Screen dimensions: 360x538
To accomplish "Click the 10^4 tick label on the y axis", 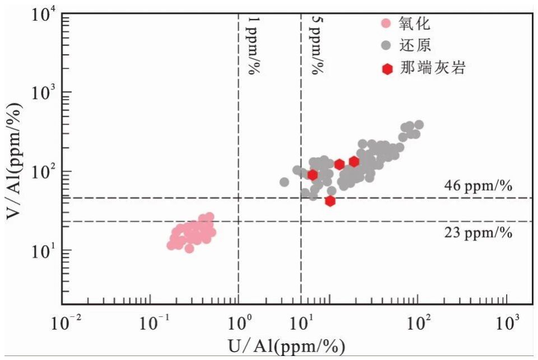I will [x=40, y=15].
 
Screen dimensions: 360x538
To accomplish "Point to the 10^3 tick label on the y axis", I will [x=40, y=93].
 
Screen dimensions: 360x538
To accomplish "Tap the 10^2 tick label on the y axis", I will [x=40, y=172].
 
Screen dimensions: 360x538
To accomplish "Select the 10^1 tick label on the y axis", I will [x=40, y=251].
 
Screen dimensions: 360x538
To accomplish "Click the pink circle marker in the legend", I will [x=386, y=24].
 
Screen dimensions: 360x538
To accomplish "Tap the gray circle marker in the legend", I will [x=386, y=45].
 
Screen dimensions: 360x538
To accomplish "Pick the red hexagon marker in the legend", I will [x=386, y=69].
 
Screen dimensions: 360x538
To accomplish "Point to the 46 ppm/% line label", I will [x=478, y=186].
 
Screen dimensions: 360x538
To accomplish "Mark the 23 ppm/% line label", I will [x=478, y=233].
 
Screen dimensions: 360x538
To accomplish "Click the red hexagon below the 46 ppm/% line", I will [x=330, y=201].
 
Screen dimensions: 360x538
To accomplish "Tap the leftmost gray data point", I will [x=284, y=182].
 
